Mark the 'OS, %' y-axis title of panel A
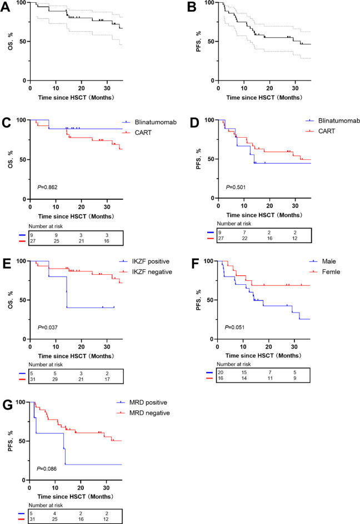8,41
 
